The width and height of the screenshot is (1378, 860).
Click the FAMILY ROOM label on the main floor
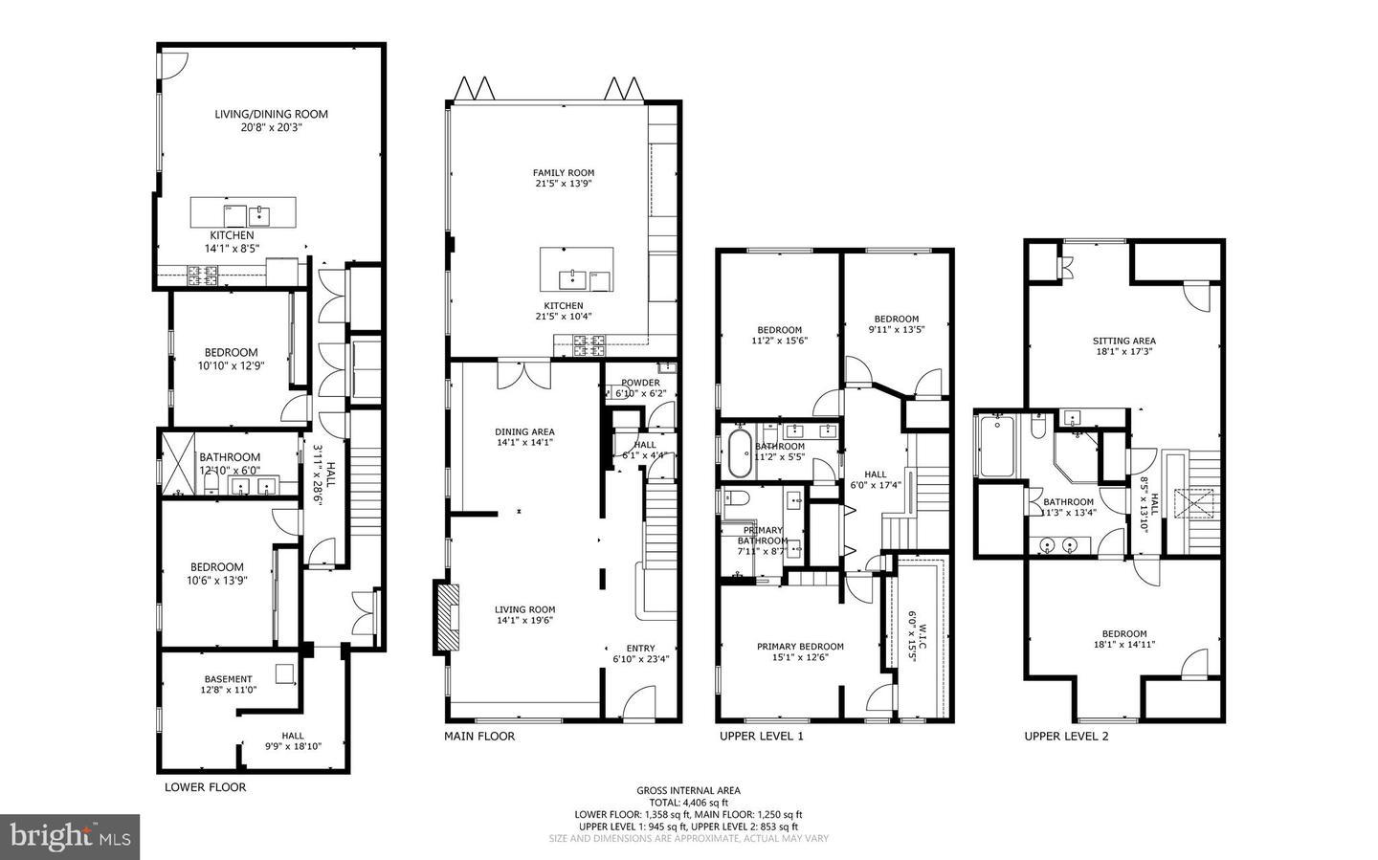(x=563, y=173)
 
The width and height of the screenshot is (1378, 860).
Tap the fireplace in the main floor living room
(x=447, y=617)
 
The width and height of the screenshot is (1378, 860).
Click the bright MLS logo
(x=70, y=837)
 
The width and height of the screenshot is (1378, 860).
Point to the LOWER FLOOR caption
(x=205, y=787)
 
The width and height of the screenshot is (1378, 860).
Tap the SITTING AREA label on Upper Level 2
(x=1123, y=341)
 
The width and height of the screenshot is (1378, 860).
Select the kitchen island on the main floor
(x=576, y=270)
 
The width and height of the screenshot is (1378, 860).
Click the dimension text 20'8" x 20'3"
(x=271, y=126)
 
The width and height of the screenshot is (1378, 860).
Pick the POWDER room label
(x=640, y=383)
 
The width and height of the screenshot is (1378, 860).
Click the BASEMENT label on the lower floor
(x=228, y=679)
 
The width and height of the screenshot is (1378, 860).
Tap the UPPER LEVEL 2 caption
(x=1066, y=737)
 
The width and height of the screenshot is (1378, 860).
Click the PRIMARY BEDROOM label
(x=800, y=647)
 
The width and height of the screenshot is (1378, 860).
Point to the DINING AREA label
(x=524, y=431)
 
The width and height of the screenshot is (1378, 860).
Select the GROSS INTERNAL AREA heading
(x=688, y=790)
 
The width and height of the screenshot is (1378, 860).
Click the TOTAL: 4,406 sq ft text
(x=688, y=803)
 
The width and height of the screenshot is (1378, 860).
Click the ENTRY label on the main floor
(x=640, y=649)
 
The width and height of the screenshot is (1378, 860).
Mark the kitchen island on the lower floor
(x=243, y=211)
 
